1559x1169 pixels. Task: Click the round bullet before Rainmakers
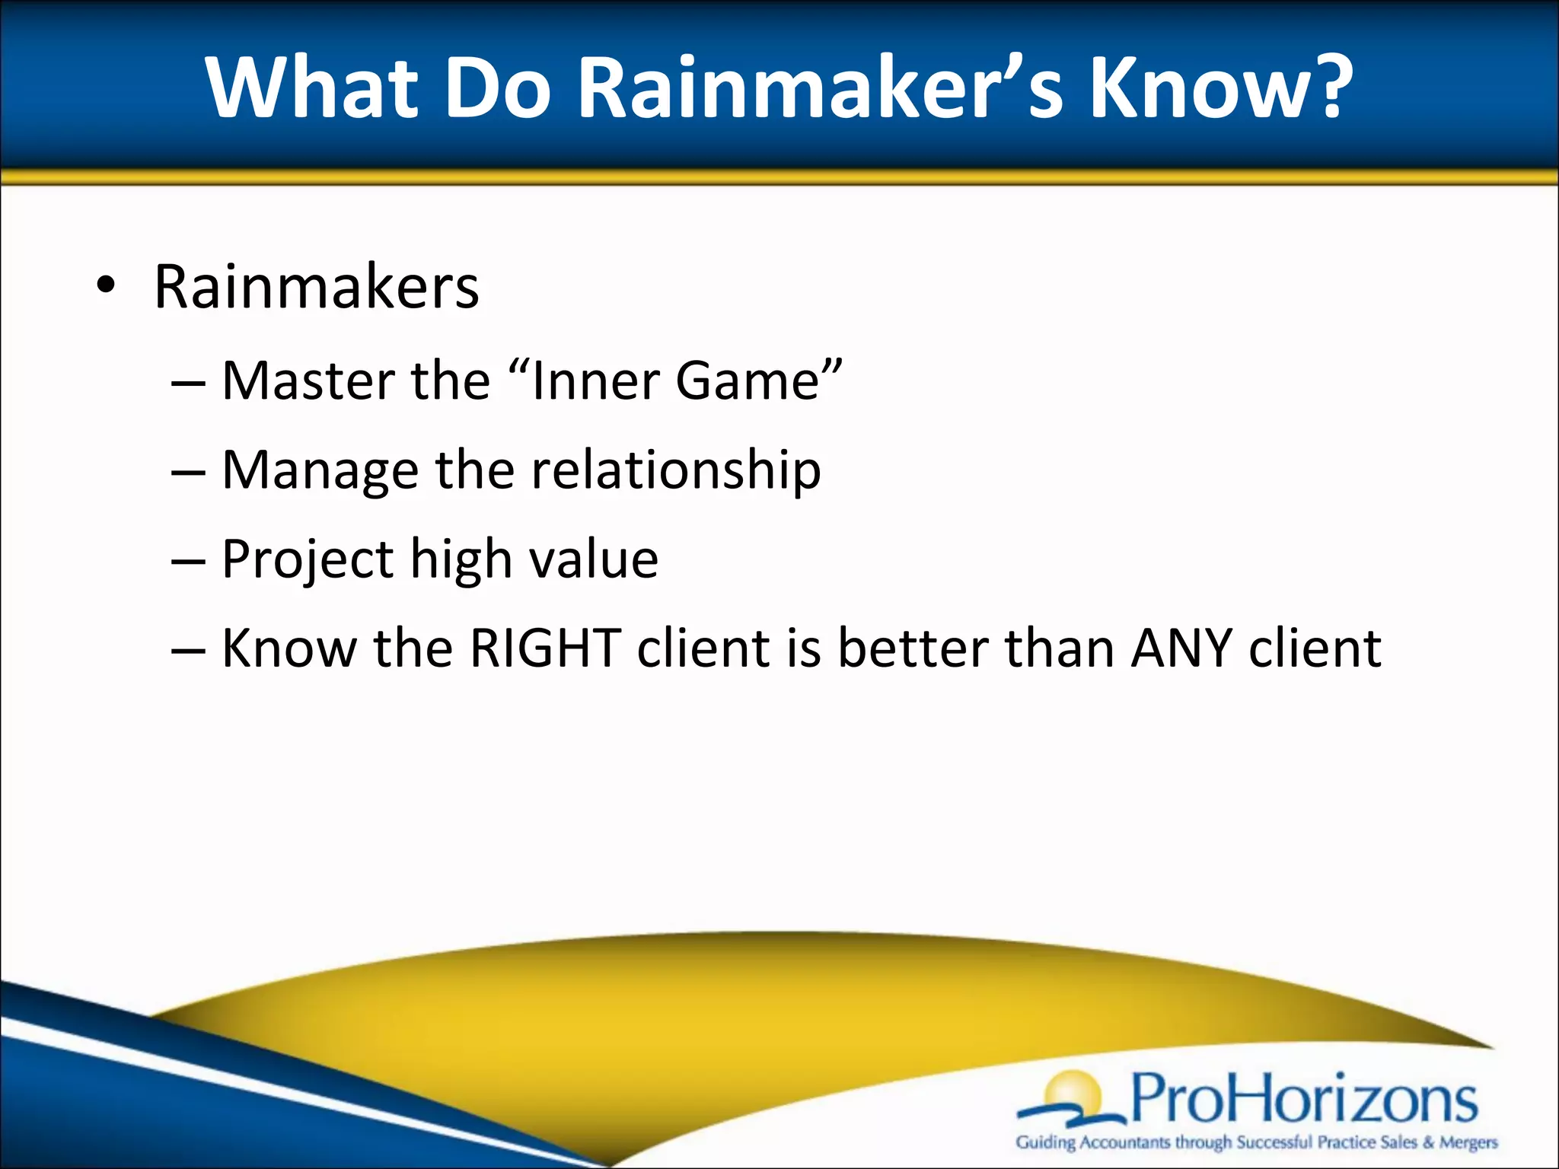pyautogui.click(x=106, y=286)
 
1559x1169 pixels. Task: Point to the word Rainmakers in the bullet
pyautogui.click(x=316, y=287)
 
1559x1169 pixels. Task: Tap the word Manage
pyautogui.click(x=320, y=470)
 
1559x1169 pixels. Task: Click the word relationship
pyautogui.click(x=676, y=470)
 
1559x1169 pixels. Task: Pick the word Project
pyautogui.click(x=308, y=559)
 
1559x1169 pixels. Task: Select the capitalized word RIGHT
pyautogui.click(x=545, y=648)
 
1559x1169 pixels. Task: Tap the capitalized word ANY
pyautogui.click(x=1181, y=648)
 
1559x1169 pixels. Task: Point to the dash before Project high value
pyautogui.click(x=188, y=562)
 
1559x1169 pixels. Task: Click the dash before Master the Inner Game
pyautogui.click(x=188, y=383)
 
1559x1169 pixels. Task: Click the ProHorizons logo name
pyautogui.click(x=1303, y=1098)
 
